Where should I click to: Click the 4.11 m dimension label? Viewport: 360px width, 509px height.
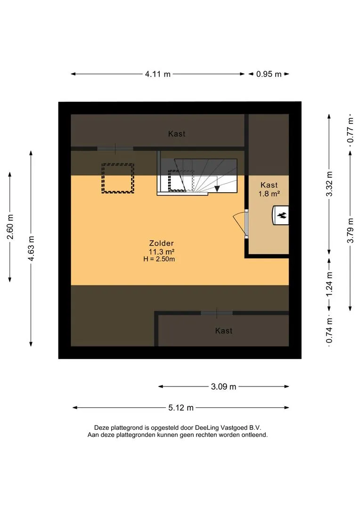(x=158, y=74)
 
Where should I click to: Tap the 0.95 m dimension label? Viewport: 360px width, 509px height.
(x=269, y=74)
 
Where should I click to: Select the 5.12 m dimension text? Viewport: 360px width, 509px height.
(x=181, y=408)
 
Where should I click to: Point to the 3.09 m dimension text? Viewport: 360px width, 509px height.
(x=224, y=386)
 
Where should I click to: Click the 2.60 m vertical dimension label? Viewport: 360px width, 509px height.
(x=10, y=227)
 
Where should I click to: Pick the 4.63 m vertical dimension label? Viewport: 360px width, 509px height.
(x=31, y=248)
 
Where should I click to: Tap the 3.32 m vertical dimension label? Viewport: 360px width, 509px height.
(x=329, y=184)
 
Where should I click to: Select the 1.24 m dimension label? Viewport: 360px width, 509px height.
(x=329, y=284)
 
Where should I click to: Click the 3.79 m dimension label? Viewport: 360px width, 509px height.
(x=350, y=230)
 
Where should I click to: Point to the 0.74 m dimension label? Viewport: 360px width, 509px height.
(x=329, y=330)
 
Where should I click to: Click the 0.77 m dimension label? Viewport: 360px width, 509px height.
(x=350, y=130)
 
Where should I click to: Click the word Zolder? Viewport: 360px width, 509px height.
(x=161, y=243)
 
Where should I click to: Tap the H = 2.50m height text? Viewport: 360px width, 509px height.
(x=159, y=259)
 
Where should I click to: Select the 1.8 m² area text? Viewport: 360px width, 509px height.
(x=269, y=194)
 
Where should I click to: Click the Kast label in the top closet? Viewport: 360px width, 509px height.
(x=177, y=134)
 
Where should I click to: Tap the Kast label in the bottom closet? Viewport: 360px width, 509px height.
(x=224, y=331)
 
